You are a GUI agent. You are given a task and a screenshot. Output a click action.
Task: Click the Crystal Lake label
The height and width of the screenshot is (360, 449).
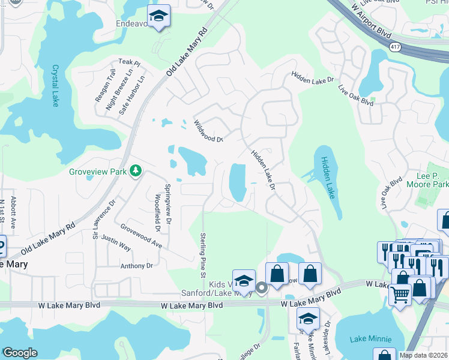point(55,85)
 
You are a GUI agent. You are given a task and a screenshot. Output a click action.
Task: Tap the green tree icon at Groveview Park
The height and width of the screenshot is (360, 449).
point(136,172)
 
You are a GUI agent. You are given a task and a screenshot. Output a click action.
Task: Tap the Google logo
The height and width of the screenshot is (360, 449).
point(20,353)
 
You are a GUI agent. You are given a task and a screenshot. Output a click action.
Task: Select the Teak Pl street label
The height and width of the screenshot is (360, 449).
point(128,62)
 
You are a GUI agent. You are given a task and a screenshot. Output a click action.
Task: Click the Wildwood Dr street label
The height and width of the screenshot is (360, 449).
point(208,131)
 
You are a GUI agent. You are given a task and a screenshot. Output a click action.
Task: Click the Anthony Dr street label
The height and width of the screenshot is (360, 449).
point(137,266)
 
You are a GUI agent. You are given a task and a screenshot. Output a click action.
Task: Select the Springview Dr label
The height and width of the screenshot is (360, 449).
point(168,200)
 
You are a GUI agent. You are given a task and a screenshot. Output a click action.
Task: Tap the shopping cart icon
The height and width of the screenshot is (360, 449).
point(400,294)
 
